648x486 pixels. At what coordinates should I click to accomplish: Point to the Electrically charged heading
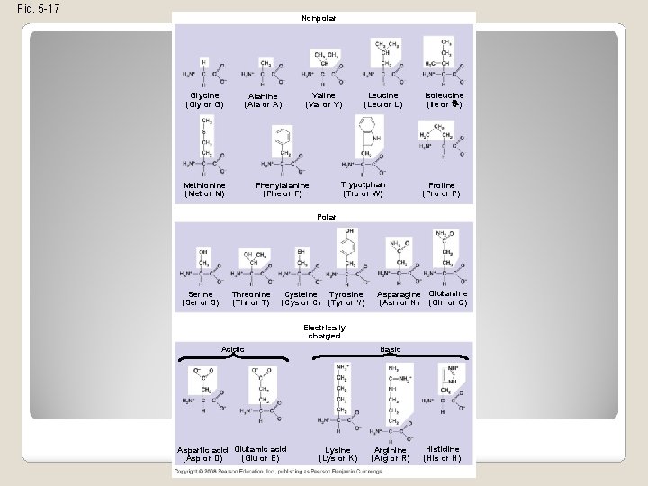(324, 331)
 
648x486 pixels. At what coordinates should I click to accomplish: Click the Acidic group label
(233, 348)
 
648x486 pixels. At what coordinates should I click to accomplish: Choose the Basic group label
(391, 348)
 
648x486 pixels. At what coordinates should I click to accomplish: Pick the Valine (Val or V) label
(324, 99)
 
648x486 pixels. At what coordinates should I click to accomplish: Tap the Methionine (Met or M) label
(204, 189)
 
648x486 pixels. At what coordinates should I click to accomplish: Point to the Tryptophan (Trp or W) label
(363, 189)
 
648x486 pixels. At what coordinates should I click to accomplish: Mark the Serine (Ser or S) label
(201, 298)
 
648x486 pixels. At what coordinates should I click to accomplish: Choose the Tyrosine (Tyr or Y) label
(346, 298)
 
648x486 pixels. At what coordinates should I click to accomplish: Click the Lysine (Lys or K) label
(339, 454)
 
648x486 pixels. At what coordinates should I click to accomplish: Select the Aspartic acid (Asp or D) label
(203, 454)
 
